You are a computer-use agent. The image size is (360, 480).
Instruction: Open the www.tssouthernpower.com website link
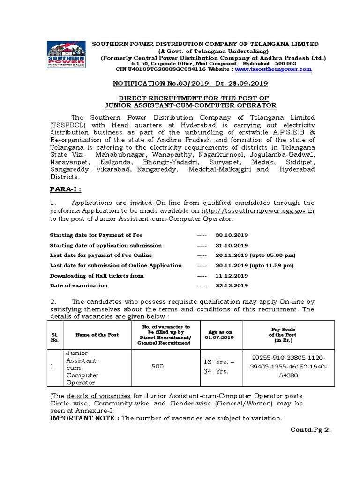pos(273,69)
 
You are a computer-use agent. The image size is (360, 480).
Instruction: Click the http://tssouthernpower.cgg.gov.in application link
pos(258,211)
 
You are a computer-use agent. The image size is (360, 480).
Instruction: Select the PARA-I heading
pos(66,189)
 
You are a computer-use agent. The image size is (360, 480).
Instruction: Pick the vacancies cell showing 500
pos(157,366)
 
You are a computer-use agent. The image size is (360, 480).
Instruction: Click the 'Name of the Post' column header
pos(97,335)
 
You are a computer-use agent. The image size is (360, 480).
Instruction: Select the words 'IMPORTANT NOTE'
pos(84,418)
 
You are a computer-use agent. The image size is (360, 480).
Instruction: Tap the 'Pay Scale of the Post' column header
pos(282,335)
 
